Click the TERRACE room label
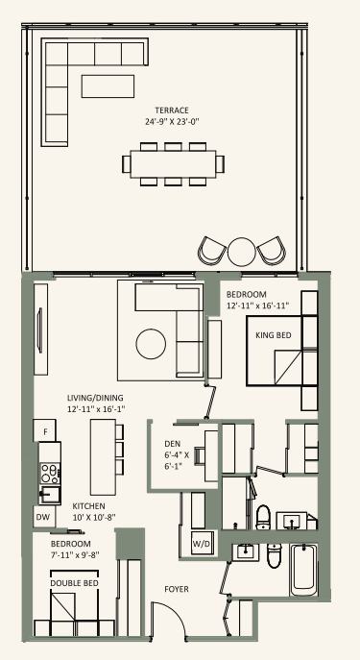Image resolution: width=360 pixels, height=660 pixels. pyautogui.click(x=172, y=110)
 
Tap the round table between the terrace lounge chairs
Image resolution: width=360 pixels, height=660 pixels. pyautogui.click(x=242, y=252)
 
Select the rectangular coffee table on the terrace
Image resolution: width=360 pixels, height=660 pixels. pyautogui.click(x=108, y=86)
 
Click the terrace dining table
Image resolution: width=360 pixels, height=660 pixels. pyautogui.click(x=173, y=163)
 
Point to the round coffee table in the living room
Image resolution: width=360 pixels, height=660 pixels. pyautogui.click(x=151, y=344)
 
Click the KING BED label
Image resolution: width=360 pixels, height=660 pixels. pyautogui.click(x=274, y=335)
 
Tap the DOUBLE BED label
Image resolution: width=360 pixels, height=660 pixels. pyautogui.click(x=75, y=583)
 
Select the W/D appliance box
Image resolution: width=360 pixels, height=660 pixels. pyautogui.click(x=203, y=544)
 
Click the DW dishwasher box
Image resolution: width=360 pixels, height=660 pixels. pyautogui.click(x=44, y=517)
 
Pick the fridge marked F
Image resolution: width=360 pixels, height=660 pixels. pyautogui.click(x=44, y=430)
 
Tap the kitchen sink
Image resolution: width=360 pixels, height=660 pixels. pyautogui.click(x=50, y=495)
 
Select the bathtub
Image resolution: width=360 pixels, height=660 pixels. pyautogui.click(x=303, y=570)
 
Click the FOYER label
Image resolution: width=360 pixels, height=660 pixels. pyautogui.click(x=177, y=589)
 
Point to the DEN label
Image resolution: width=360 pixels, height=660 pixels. pyautogui.click(x=173, y=444)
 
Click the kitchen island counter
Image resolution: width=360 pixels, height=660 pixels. pyautogui.click(x=103, y=457)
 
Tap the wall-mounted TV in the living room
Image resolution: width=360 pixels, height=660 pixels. pyautogui.click(x=39, y=330)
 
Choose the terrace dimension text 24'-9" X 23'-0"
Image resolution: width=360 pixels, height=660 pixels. pyautogui.click(x=172, y=122)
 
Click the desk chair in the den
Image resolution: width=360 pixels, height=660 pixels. pyautogui.click(x=200, y=456)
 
